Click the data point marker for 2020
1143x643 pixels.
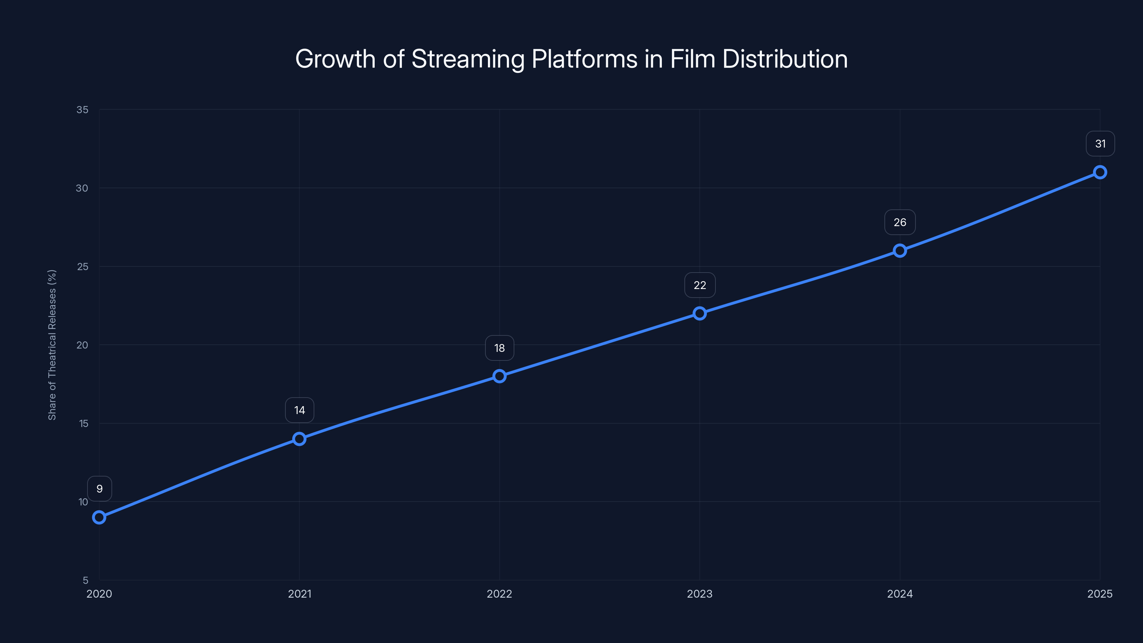[99, 517]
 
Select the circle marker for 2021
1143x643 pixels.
[300, 439]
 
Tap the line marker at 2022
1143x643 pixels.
[500, 376]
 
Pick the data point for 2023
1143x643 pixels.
[700, 314]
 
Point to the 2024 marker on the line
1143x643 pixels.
[900, 251]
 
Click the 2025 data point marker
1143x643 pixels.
[1100, 172]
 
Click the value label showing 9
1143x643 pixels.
[99, 489]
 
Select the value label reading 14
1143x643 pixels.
[300, 410]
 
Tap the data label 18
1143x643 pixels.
[500, 348]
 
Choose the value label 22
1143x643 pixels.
[700, 285]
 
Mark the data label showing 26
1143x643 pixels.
[900, 222]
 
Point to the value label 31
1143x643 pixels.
[1100, 144]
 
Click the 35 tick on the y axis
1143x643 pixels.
[83, 110]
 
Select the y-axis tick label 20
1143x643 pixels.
[83, 345]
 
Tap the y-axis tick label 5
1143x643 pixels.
[86, 580]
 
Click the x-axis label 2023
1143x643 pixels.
[700, 594]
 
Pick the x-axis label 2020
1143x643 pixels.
[99, 594]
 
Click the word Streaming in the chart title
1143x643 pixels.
[468, 59]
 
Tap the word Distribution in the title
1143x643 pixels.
[785, 59]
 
